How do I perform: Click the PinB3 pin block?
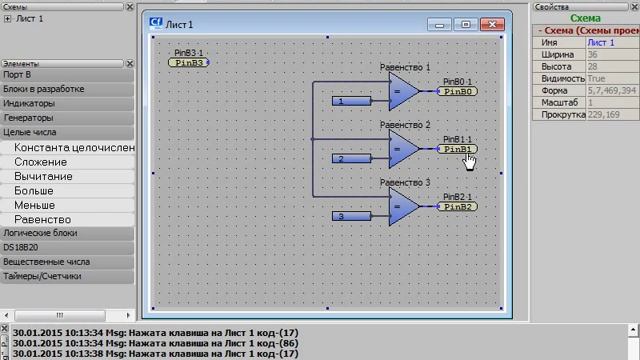(x=188, y=62)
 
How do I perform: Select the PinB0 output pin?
(x=459, y=91)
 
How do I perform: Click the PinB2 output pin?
(x=459, y=207)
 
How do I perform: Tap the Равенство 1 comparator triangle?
(x=403, y=92)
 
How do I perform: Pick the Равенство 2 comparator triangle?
(x=403, y=150)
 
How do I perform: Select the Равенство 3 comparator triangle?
(x=403, y=208)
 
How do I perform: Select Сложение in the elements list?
(x=41, y=162)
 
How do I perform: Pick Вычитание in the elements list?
(x=43, y=176)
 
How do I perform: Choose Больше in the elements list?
(x=34, y=190)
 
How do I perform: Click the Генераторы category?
(x=29, y=117)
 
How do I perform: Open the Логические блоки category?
(x=39, y=232)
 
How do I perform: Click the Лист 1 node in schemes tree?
(x=30, y=19)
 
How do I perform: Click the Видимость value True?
(x=597, y=78)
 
